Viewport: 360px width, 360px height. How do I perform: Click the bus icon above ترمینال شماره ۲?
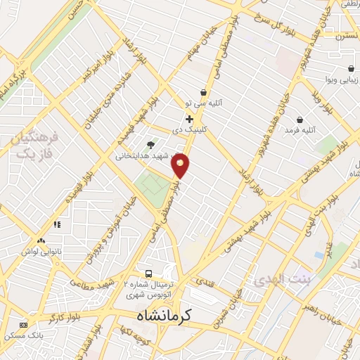148,274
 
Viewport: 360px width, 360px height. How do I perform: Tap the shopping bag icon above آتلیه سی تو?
203,92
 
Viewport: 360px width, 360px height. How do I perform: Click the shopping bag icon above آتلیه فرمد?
300,120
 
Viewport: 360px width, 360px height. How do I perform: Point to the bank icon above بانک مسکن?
23,325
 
